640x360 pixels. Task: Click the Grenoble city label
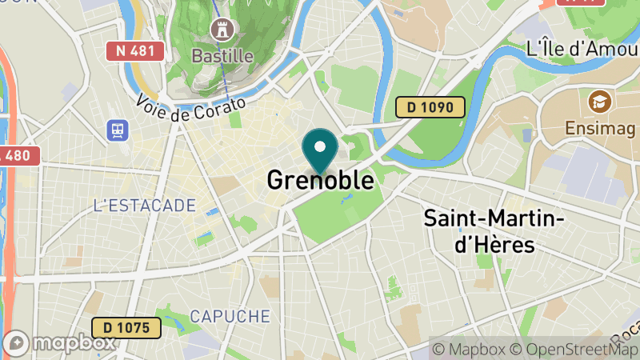320,181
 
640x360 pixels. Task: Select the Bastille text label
222,56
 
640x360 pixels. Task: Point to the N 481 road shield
135,51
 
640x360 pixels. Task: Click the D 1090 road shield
430,106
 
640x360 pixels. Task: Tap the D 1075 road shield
126,327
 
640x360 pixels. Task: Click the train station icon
118,130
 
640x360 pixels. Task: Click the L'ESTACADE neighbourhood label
144,206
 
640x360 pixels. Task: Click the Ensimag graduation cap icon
598,102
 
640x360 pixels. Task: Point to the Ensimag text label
599,128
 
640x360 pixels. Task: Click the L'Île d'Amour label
582,49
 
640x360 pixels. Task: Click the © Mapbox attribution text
469,349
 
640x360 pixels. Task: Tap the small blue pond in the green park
344,197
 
